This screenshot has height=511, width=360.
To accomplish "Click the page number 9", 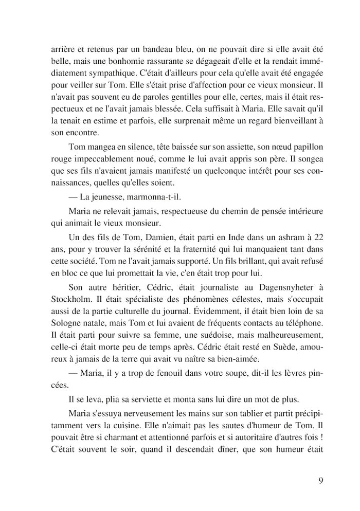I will click(320, 481).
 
